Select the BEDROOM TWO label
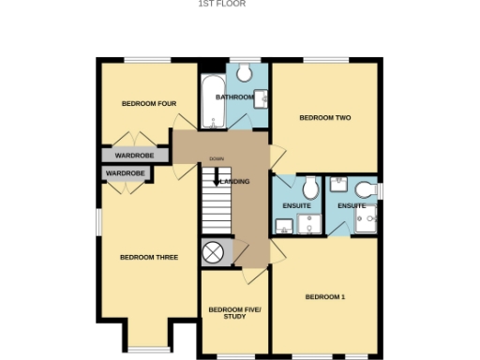(324, 118)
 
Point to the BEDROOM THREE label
(149, 257)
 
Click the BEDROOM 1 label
(325, 297)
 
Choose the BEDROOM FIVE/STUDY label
(235, 313)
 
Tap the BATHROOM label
(233, 97)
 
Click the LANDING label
(234, 181)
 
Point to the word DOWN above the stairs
(217, 158)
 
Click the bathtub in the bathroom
(209, 102)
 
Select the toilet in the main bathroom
(247, 73)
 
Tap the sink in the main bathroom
(262, 97)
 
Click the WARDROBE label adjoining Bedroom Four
(134, 155)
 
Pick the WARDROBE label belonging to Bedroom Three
(125, 173)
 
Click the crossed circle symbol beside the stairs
(215, 252)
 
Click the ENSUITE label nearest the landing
(297, 205)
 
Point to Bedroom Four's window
(146, 61)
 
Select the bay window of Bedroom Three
(146, 349)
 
